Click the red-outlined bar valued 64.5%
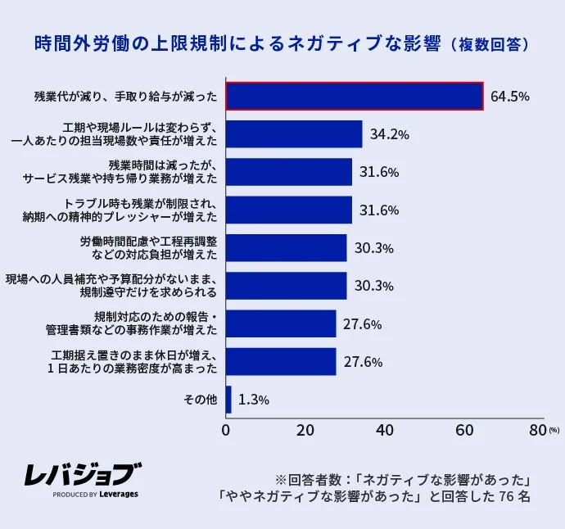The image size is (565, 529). click(x=354, y=96)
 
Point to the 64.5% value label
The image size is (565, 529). click(x=509, y=97)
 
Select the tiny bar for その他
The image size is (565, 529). click(x=228, y=400)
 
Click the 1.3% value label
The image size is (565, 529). click(x=253, y=400)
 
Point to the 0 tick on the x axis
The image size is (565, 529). click(x=226, y=431)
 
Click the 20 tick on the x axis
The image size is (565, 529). click(x=305, y=431)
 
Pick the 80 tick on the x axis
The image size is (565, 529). click(x=538, y=431)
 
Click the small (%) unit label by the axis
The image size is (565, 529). click(x=554, y=430)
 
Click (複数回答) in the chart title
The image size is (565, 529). click(x=490, y=44)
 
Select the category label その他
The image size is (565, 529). click(x=201, y=400)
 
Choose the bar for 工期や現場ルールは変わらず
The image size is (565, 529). click(x=294, y=134)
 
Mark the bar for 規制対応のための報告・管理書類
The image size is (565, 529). click(x=281, y=323)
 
